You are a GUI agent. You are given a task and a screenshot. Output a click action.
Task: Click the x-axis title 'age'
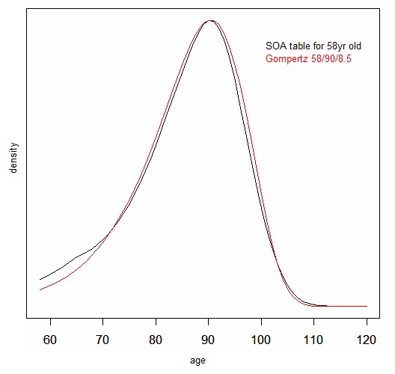click(197, 361)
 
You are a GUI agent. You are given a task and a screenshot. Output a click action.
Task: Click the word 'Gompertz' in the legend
click(287, 57)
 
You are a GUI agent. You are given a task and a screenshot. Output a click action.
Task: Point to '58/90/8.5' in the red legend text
click(330, 57)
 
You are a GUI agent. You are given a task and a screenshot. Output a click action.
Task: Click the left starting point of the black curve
click(40, 280)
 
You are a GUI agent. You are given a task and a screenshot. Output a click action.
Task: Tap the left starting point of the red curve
click(40, 290)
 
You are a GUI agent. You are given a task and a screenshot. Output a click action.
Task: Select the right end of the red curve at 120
click(367, 306)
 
